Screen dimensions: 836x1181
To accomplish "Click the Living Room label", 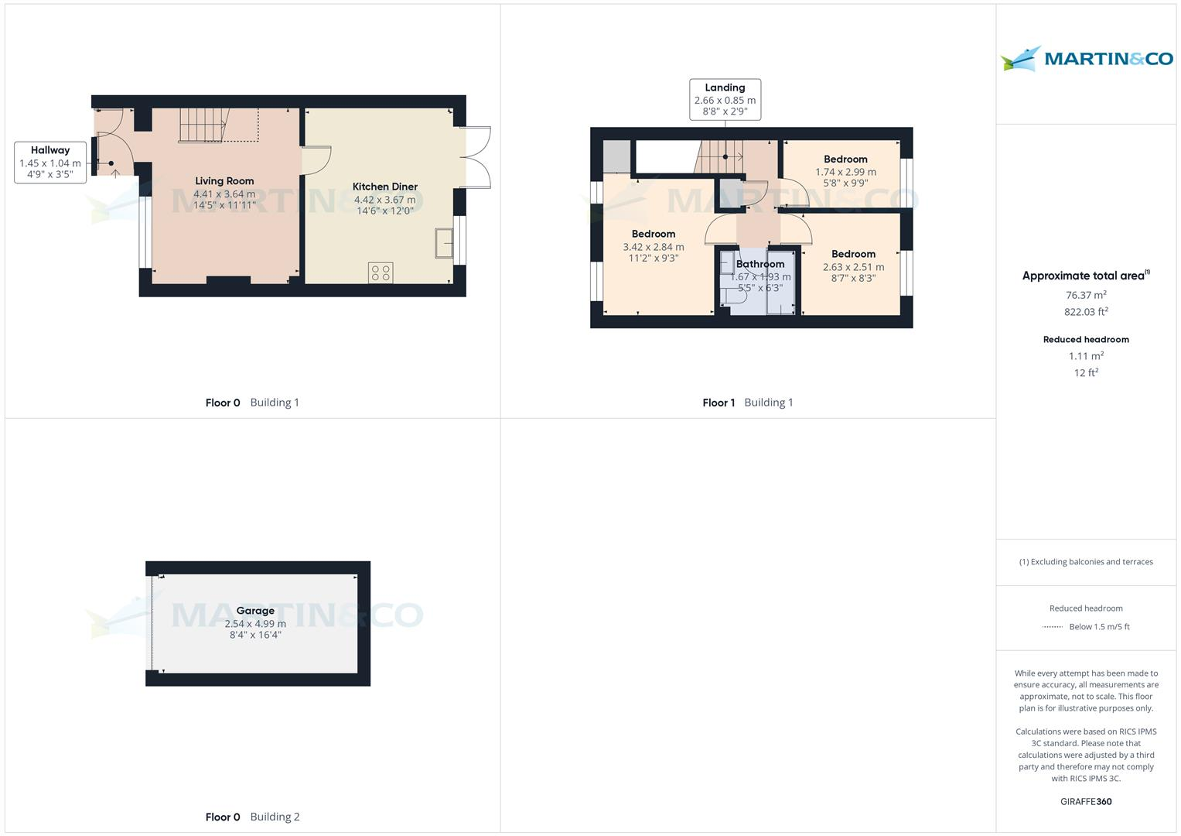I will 224,181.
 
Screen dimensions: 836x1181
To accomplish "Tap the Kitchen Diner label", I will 384,187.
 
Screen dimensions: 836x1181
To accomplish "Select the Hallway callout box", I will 50,162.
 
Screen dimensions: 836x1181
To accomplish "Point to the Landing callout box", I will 725,99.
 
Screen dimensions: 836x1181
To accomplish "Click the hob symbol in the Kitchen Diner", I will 381,272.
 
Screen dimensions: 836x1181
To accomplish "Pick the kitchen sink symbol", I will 444,242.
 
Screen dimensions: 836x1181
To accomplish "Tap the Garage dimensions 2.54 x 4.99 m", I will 255,623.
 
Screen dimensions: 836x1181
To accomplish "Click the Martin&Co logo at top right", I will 1086,59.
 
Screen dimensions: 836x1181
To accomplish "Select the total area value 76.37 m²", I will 1086,295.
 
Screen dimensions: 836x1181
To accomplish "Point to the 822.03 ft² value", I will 1086,312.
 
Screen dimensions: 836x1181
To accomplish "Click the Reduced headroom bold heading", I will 1086,339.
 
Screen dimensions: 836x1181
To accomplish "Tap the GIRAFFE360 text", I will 1086,801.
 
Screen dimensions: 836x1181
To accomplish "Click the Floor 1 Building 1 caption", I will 747,403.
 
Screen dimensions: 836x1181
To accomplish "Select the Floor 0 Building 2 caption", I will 252,817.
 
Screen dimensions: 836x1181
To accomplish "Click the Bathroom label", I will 760,264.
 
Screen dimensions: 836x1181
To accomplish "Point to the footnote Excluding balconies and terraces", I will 1086,562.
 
